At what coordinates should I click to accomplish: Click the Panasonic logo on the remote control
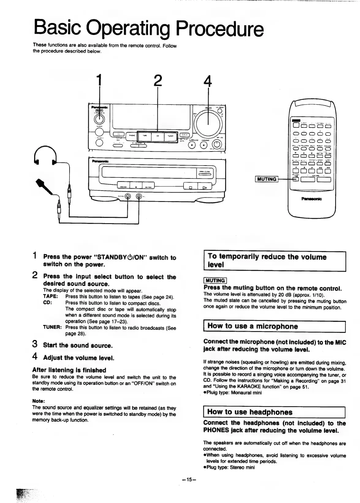point(312,199)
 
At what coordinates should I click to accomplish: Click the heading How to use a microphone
point(252,326)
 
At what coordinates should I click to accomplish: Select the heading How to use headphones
point(250,412)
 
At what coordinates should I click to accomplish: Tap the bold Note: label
point(39,401)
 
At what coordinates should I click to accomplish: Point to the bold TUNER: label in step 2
point(52,327)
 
